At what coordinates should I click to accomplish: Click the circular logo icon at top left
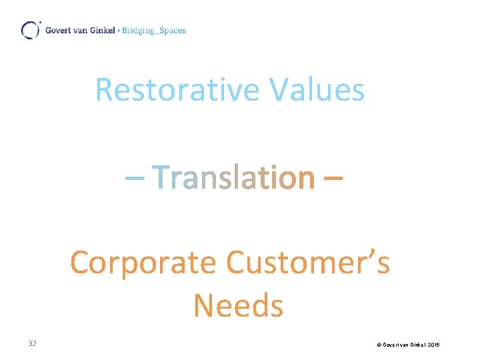30,30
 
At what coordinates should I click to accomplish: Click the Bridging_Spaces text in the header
155,30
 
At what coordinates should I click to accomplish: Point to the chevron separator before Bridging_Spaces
119,31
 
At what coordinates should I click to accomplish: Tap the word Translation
234,177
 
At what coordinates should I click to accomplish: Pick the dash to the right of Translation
335,179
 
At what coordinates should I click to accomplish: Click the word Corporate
143,263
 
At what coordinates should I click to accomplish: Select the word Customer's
307,263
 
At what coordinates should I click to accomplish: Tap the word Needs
238,306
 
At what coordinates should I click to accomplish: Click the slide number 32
32,343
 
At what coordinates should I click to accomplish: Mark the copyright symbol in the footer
379,345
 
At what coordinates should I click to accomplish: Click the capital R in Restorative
103,89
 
